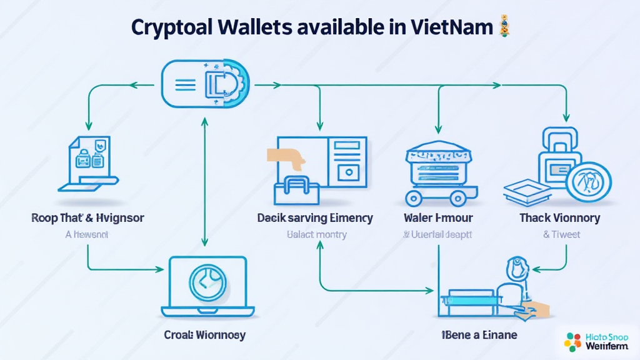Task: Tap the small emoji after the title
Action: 504,27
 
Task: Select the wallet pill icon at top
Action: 206,84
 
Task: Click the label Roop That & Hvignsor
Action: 87,218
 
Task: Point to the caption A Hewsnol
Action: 87,235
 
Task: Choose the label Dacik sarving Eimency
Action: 315,218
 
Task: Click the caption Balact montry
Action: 316,235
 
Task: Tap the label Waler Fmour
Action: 438,218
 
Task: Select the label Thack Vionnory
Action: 559,218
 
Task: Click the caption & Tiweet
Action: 561,235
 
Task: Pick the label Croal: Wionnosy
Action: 205,335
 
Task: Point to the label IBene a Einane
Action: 479,335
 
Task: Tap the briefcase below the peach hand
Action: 297,190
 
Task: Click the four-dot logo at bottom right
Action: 572,341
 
